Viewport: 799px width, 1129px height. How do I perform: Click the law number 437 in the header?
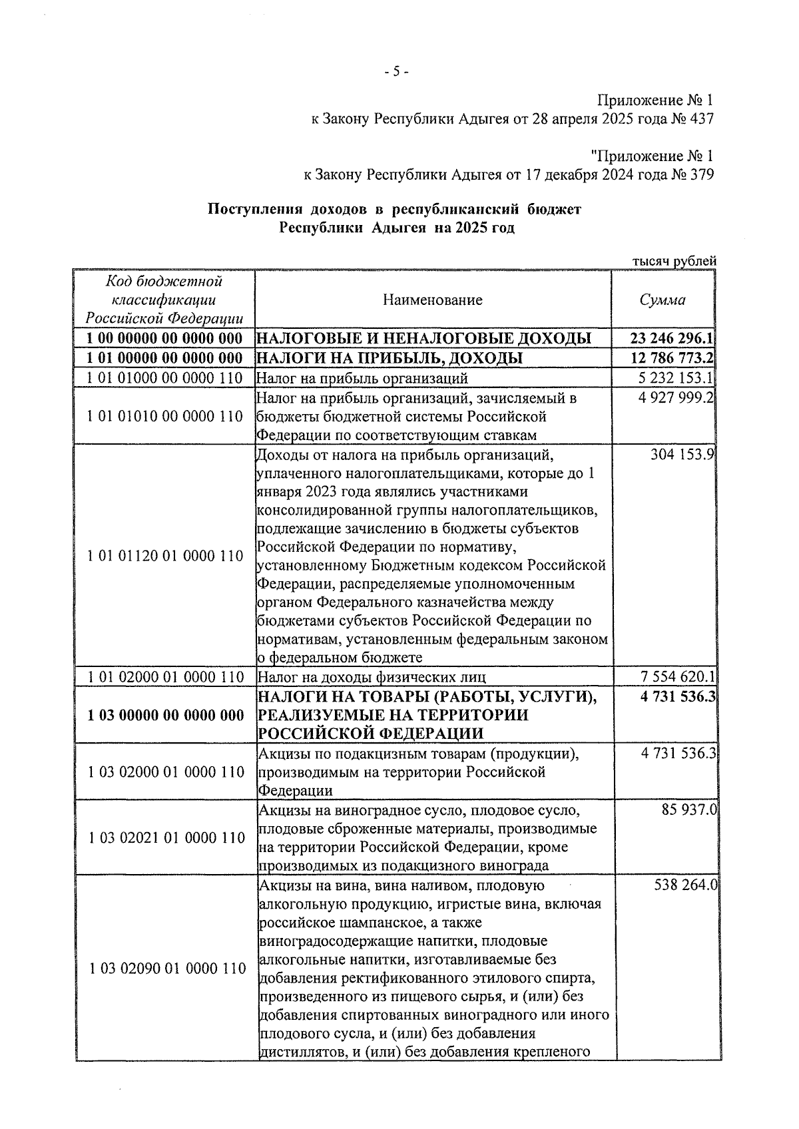(700, 119)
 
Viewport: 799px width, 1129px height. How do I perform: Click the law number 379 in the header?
(700, 176)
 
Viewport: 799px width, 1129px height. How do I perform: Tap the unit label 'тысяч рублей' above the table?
(673, 261)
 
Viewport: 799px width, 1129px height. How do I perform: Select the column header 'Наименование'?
(433, 300)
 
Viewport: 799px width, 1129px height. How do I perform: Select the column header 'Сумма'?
(663, 300)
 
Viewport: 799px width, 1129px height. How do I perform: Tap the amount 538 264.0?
(682, 886)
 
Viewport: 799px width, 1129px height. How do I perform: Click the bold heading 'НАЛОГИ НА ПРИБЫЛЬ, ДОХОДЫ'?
(390, 358)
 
